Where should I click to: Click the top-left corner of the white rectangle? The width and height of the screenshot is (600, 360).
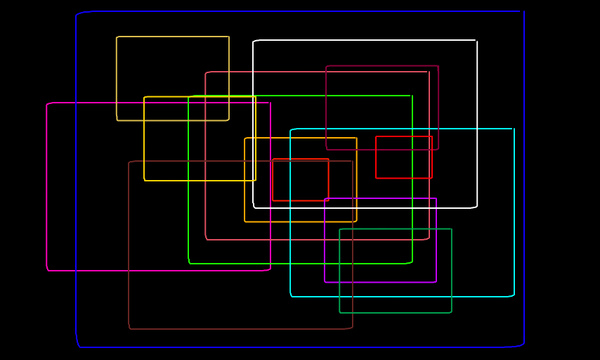coord(254,41)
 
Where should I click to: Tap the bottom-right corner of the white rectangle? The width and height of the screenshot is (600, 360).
coord(477,207)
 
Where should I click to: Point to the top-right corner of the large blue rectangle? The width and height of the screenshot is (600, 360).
coord(524,11)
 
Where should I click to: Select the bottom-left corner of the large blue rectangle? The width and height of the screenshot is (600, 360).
coord(77,347)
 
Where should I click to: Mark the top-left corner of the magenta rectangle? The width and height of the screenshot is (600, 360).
coord(47,103)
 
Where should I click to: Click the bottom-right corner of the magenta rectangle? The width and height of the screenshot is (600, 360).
coord(270,270)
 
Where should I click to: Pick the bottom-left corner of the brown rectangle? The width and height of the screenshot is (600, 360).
coord(129,328)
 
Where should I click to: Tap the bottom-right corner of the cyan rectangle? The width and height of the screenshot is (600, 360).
coord(514,296)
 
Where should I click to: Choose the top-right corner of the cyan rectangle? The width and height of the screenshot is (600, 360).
coord(514,129)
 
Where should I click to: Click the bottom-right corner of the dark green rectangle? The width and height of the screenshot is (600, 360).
coord(451,312)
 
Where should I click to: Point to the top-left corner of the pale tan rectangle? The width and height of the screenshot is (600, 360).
coord(117,37)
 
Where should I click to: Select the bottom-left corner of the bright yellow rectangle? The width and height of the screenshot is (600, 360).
coord(144,181)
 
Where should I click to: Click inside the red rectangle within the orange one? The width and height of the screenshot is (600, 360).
coord(301,180)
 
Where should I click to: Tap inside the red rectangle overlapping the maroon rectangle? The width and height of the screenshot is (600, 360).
coord(404,157)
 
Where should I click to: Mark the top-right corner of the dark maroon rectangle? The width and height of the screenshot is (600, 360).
coord(438,66)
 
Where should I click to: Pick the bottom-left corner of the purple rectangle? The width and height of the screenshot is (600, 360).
coord(325,282)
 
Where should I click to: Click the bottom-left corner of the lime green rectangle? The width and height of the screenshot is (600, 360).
coord(189,264)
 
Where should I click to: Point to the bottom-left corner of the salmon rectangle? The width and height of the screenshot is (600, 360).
coord(206,240)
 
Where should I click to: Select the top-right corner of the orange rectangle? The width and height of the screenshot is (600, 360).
coord(357,138)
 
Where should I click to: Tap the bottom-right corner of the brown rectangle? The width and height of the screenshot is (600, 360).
coord(353,328)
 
